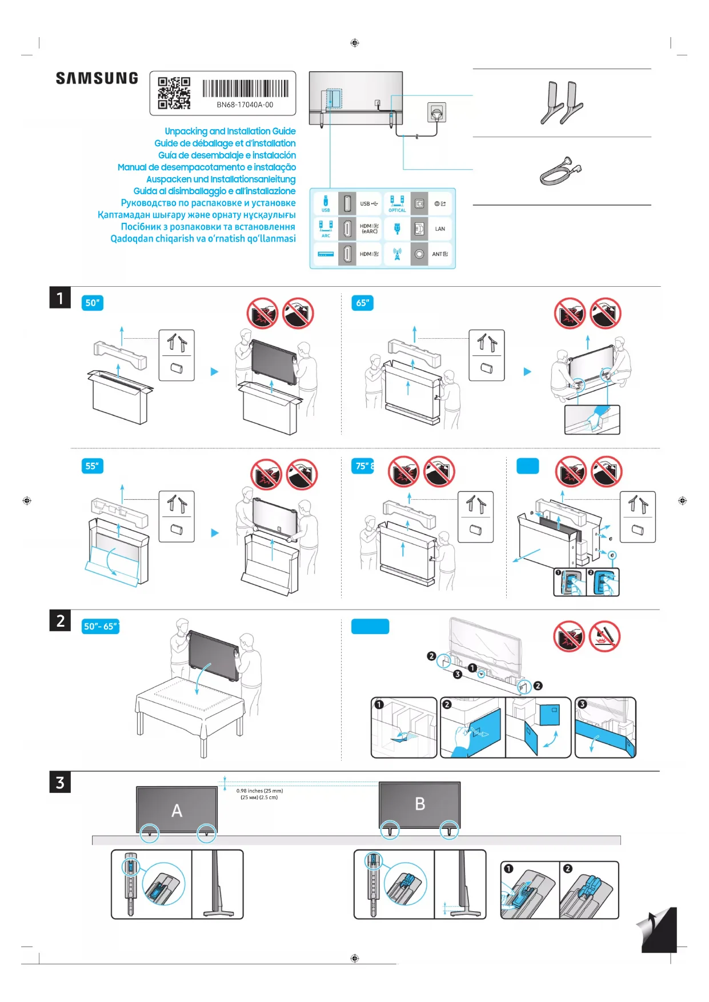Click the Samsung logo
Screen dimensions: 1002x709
click(x=97, y=78)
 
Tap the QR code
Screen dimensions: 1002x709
click(x=174, y=93)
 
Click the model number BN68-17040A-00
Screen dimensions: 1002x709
click(x=245, y=105)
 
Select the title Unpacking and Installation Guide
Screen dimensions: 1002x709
click(x=230, y=131)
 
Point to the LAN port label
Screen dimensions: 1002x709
click(x=440, y=229)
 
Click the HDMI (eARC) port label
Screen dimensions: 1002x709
click(x=369, y=229)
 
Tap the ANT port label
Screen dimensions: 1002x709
click(x=439, y=254)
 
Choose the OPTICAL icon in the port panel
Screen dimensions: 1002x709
click(x=397, y=203)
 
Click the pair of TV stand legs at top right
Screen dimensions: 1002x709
click(x=562, y=103)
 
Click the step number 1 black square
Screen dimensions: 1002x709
click(x=60, y=298)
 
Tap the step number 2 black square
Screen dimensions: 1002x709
click(x=60, y=620)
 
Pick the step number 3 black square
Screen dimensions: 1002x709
click(x=60, y=782)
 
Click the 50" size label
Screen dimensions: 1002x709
click(x=93, y=303)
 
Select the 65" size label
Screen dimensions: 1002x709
click(x=362, y=303)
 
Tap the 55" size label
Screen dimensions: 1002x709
click(x=93, y=466)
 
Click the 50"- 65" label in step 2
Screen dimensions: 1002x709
click(x=101, y=627)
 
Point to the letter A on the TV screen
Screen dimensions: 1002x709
click(x=177, y=811)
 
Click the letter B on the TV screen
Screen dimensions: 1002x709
click(x=420, y=804)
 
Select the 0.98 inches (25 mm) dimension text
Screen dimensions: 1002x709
click(x=259, y=791)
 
